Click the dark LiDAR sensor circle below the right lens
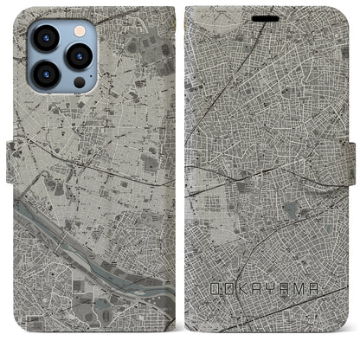(x=79, y=84)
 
